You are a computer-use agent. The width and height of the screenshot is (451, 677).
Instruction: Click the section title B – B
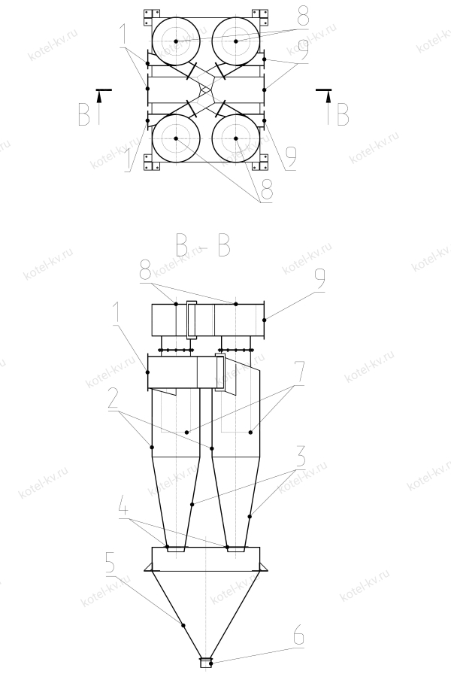pyautogui.click(x=203, y=246)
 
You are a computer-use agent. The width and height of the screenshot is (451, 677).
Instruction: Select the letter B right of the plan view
pyautogui.click(x=343, y=114)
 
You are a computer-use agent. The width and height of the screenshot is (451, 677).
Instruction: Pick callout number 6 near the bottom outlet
pyautogui.click(x=298, y=636)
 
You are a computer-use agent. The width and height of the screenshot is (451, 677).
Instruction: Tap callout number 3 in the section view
pyautogui.click(x=300, y=457)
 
